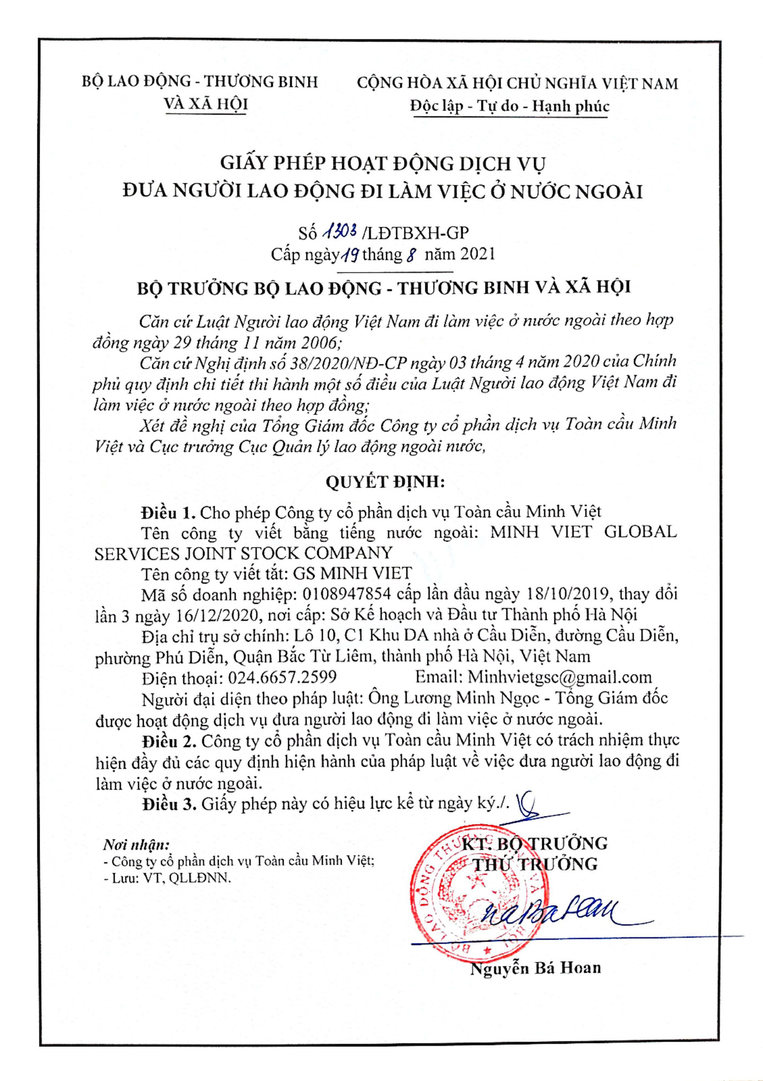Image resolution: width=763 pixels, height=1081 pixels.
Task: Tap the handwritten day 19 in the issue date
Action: pos(350,254)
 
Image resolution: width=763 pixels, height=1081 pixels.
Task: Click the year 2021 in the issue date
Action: pos(478,254)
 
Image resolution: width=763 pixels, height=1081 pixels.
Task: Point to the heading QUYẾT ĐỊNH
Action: pos(385,481)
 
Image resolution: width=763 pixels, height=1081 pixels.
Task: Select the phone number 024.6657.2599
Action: pos(282,677)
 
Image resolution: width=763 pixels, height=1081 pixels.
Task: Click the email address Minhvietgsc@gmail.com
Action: pos(560,677)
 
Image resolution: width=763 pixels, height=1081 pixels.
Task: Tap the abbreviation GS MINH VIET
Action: pos(352,573)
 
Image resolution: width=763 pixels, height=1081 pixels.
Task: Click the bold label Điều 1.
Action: pos(168,512)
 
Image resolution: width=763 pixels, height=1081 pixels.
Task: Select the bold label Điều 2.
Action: pos(169,741)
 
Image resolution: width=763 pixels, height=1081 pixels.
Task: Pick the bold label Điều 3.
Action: pos(169,804)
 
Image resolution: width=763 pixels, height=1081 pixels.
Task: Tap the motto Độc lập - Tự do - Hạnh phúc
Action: pos(509,106)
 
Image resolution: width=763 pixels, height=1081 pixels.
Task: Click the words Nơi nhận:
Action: pos(136,844)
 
